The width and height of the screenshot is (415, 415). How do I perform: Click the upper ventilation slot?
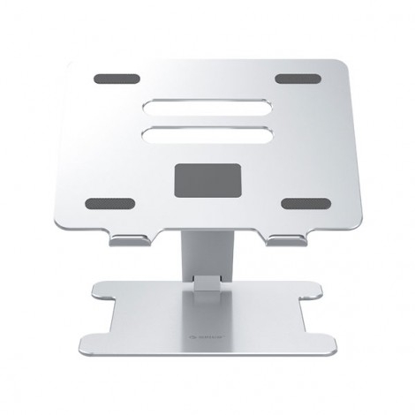tap(207, 111)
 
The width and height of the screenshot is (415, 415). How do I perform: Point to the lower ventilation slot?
tap(207, 140)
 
